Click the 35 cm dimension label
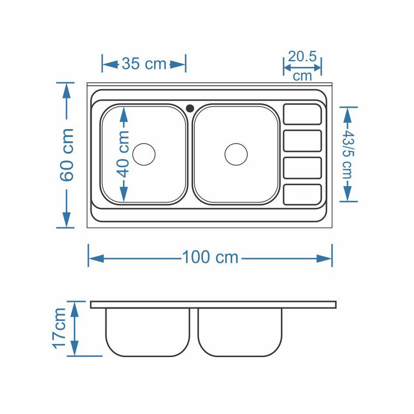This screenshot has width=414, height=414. (144, 64)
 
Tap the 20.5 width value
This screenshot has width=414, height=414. (302, 56)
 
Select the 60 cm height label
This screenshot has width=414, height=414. (67, 155)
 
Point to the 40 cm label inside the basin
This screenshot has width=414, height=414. (123, 154)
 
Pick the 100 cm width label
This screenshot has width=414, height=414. (210, 257)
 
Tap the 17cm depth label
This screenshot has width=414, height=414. (59, 328)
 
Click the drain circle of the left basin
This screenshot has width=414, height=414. (144, 155)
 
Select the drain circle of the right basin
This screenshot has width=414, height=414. (236, 155)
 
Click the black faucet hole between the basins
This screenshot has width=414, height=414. (190, 108)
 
